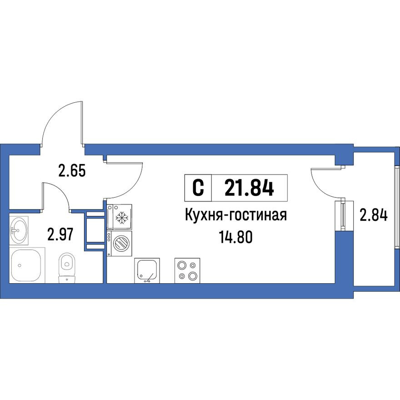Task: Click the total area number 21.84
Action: (249, 187)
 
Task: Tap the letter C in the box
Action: (198, 187)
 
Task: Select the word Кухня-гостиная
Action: (235, 215)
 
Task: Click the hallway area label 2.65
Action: (72, 171)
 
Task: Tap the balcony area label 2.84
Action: (373, 214)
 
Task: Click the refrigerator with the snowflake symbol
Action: (120, 218)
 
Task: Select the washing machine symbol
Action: (120, 243)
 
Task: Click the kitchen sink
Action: (147, 271)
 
